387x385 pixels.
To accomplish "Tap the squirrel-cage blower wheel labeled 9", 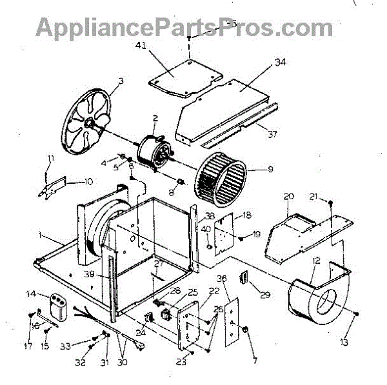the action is [x=221, y=177].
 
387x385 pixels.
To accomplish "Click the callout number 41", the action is [x=141, y=45].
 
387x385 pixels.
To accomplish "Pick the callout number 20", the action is [x=289, y=196].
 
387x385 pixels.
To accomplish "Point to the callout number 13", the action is [x=362, y=341].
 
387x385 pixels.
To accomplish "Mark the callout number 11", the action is [x=51, y=159].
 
